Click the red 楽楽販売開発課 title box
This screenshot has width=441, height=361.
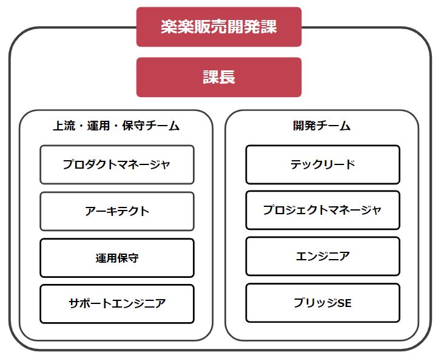(219, 27)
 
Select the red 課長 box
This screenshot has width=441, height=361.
(219, 77)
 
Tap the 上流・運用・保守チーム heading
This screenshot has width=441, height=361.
(116, 126)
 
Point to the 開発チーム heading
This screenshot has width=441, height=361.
(321, 126)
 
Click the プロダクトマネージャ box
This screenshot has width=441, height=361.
(117, 164)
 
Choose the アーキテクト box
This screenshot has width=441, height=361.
(117, 211)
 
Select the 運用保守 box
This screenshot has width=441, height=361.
(117, 258)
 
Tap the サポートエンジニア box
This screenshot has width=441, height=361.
(117, 304)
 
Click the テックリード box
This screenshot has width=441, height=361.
(323, 164)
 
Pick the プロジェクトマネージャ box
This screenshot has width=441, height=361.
(323, 210)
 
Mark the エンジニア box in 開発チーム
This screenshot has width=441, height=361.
(323, 256)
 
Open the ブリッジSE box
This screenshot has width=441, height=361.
(323, 303)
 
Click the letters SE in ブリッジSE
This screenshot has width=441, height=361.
(345, 303)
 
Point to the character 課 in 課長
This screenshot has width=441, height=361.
(210, 77)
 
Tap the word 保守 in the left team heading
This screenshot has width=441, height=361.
(133, 126)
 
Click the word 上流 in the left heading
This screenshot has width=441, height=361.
(64, 126)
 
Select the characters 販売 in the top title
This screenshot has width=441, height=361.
(202, 27)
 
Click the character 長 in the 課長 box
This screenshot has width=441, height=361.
(227, 77)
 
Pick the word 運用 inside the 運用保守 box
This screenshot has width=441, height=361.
(106, 258)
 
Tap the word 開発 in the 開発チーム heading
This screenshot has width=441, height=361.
(304, 126)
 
